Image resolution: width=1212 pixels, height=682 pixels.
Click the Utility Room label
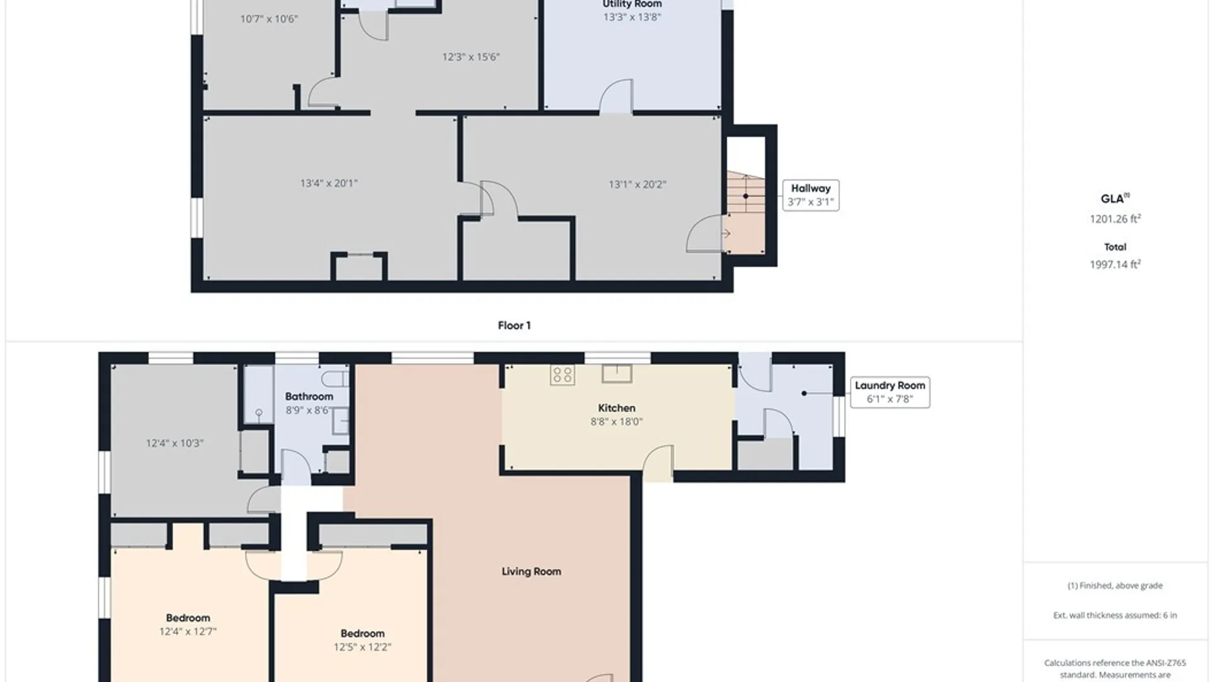click(x=632, y=4)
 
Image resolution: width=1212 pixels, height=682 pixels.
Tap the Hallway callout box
click(x=811, y=195)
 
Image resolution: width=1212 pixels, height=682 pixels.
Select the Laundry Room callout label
click(x=890, y=392)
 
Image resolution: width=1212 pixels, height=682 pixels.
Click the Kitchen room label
click(x=617, y=408)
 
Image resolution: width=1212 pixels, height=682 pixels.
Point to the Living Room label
click(x=532, y=571)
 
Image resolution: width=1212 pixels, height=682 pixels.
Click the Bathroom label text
click(x=309, y=397)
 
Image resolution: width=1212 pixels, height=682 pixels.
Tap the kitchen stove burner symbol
click(x=562, y=374)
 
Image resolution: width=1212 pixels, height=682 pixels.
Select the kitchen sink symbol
click(x=617, y=373)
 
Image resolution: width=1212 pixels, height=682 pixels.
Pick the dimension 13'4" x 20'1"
click(x=329, y=184)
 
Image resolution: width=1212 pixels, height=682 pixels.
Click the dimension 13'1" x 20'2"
click(x=638, y=184)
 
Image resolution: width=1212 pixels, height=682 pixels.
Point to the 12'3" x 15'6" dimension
click(x=471, y=57)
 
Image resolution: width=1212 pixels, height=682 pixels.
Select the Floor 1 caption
click(x=514, y=326)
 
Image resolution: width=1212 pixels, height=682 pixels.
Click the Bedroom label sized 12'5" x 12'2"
click(x=363, y=633)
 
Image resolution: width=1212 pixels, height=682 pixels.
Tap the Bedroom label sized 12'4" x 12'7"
click(x=188, y=618)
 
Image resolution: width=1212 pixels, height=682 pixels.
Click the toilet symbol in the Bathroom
click(x=335, y=379)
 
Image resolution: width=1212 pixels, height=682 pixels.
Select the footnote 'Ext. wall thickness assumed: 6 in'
click(x=1115, y=615)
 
